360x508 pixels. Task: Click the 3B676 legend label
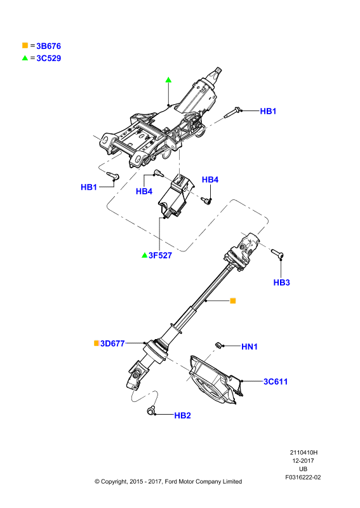[x=49, y=46]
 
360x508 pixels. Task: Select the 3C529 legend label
[x=49, y=58]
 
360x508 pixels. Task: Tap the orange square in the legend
[x=25, y=45]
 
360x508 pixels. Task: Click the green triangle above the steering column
[x=168, y=80]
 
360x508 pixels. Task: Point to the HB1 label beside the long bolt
[x=268, y=111]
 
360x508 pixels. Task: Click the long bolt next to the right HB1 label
[x=232, y=112]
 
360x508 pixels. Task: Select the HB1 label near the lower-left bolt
[x=89, y=187]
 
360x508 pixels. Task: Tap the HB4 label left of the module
[x=144, y=192]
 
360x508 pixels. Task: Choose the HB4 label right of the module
[x=210, y=180]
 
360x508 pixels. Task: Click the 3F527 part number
[x=160, y=255]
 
